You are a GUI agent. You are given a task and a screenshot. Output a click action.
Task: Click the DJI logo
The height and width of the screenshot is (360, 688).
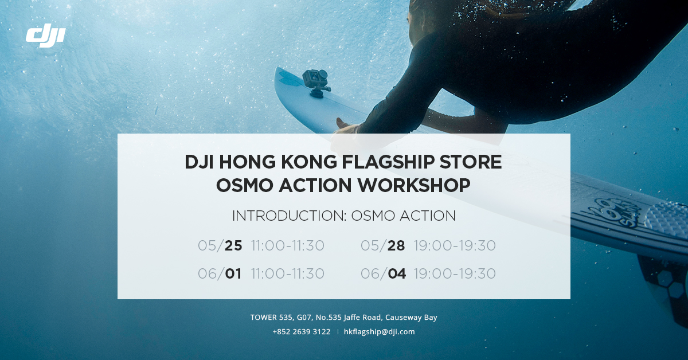tap(45, 35)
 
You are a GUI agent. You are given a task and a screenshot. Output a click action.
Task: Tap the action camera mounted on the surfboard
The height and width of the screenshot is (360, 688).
tap(316, 83)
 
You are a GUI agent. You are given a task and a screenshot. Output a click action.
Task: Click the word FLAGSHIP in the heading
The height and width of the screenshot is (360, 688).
tap(388, 162)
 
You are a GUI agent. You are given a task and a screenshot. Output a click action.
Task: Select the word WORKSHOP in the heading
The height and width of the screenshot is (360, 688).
tap(414, 185)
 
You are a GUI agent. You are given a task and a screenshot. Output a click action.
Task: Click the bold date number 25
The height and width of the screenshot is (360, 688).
tap(233, 246)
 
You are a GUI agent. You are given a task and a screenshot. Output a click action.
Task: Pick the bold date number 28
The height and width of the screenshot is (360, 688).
tap(396, 246)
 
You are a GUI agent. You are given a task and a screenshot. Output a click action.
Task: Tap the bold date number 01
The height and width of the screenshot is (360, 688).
tap(233, 273)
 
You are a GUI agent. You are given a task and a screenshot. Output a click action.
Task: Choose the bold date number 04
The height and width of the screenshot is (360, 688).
tap(397, 273)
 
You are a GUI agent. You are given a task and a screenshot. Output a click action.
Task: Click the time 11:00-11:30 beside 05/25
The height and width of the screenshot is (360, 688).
tap(288, 246)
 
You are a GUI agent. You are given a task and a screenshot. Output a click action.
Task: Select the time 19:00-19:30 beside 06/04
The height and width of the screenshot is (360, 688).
tap(455, 273)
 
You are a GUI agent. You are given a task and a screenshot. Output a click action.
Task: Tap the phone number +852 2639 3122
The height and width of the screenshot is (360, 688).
tap(302, 332)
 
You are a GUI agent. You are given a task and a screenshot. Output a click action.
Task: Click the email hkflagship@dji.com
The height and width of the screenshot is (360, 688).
tap(380, 332)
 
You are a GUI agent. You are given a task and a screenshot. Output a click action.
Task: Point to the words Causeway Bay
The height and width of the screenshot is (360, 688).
tap(411, 318)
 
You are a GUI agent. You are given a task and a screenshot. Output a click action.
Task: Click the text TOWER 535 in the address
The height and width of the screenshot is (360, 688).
tap(271, 318)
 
